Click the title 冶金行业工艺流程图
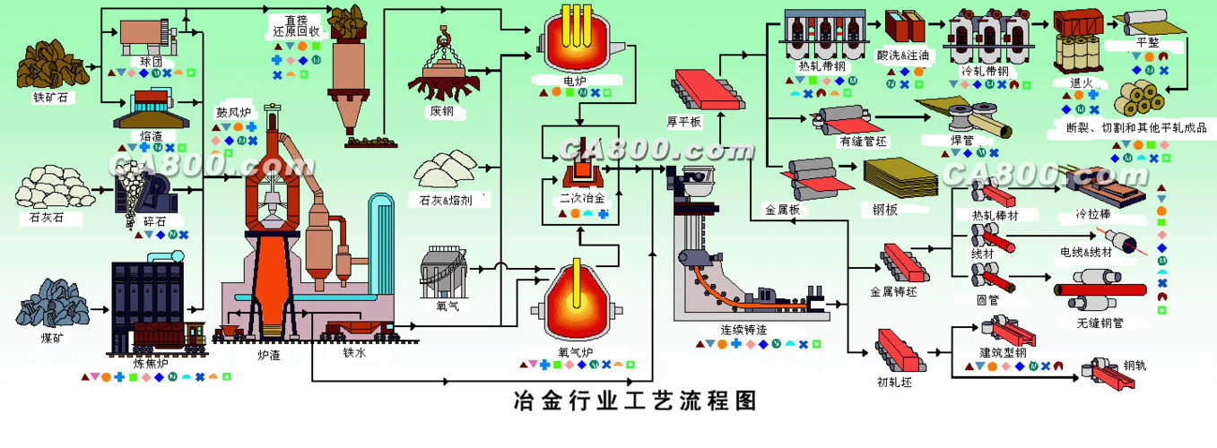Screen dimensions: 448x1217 pos(635,401)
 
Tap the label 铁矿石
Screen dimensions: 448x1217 pos(50,98)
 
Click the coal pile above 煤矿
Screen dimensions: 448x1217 pos(53,300)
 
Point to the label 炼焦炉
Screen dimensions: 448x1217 pos(150,363)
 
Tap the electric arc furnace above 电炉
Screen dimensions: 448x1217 pos(574,45)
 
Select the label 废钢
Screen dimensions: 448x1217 pos(441,112)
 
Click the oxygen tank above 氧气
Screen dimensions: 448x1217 pos(444,269)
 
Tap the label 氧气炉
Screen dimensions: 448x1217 pos(575,352)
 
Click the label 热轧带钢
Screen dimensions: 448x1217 pos(821,67)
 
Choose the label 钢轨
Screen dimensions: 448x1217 pos(1134,366)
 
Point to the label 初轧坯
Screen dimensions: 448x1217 pos(894,382)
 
